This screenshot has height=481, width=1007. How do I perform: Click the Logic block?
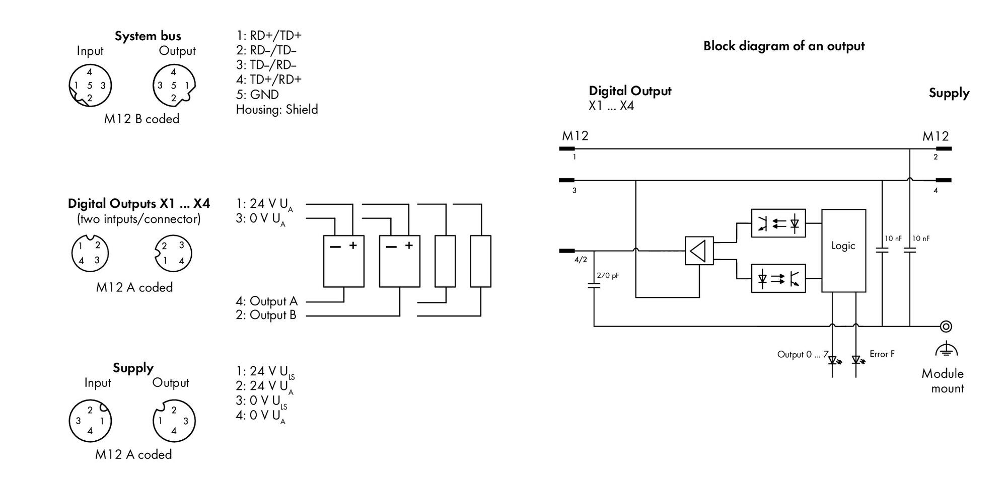coord(843,251)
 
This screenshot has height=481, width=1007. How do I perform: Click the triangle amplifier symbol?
coord(699,251)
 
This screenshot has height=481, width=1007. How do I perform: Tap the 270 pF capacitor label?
coord(608,276)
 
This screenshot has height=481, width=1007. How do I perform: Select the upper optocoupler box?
coord(778,223)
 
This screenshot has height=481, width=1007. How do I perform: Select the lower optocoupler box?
coord(778,278)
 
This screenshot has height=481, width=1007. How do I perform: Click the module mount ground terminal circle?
coord(946,327)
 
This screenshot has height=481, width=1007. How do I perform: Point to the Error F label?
coord(882,354)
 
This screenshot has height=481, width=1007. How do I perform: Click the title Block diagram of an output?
coord(784,46)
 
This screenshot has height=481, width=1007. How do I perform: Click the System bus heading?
coord(148,36)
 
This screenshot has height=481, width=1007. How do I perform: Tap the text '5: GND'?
coord(257,95)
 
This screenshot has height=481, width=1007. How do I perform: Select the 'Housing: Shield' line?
coord(277,109)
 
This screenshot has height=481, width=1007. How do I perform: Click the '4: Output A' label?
coord(267,301)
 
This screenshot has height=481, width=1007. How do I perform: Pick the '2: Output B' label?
coord(266,315)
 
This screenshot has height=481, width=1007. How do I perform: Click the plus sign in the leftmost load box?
coord(353,246)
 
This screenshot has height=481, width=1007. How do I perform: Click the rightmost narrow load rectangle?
coord(481,261)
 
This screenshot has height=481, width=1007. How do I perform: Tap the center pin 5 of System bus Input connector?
coord(90,86)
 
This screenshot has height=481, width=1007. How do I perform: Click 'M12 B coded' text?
coord(142,119)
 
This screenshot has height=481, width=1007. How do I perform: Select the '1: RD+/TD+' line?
coord(269,35)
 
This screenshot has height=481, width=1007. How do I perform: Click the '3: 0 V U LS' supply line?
coord(261,402)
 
